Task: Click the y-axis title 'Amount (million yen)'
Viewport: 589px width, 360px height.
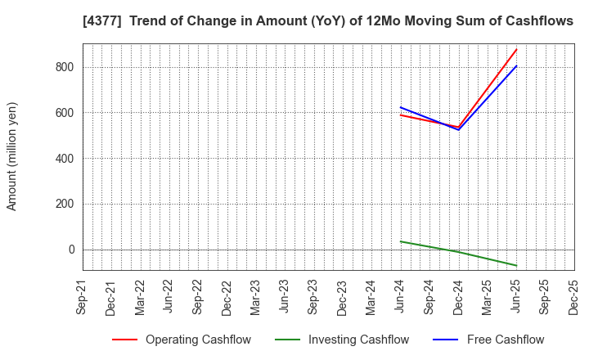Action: pos(12,156)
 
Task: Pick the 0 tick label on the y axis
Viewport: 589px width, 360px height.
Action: pos(71,250)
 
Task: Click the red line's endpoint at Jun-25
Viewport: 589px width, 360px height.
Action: pos(516,49)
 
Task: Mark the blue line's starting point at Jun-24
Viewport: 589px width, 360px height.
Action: pos(401,107)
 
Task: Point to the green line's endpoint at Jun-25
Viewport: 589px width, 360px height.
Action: pos(516,265)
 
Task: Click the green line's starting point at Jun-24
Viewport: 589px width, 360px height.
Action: pos(401,241)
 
